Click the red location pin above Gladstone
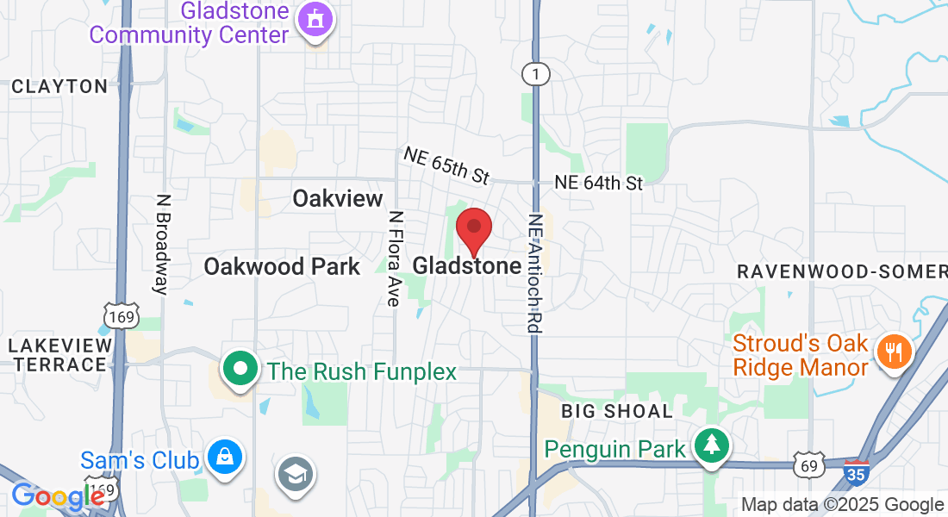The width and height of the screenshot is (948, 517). (473, 228)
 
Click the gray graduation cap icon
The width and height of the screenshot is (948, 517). (296, 474)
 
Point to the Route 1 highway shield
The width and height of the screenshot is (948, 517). (536, 75)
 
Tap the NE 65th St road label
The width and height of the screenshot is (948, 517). (446, 165)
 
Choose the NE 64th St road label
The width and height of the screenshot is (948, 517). (599, 183)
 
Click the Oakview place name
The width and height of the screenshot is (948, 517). (337, 199)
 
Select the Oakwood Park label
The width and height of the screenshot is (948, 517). (282, 266)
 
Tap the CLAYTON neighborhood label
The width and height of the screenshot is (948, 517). (59, 86)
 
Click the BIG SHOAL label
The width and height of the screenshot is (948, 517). (616, 411)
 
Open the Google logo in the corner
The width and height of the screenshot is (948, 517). (57, 497)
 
